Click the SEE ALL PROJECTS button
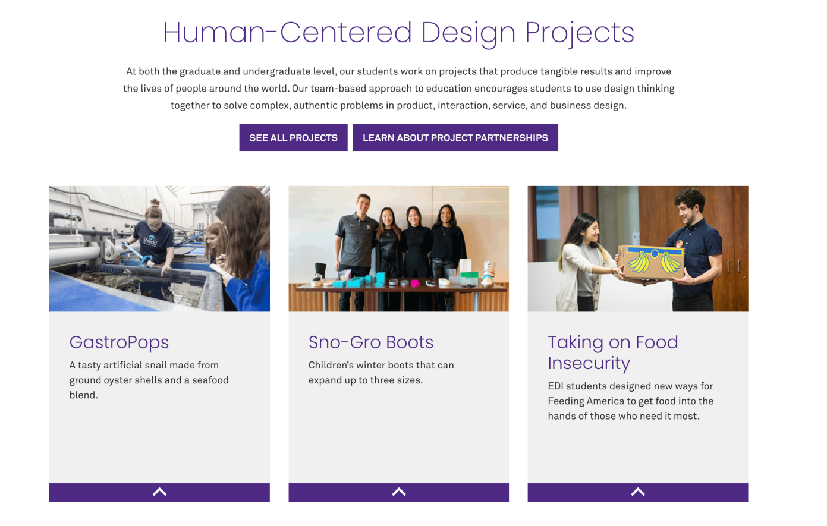pyautogui.click(x=293, y=137)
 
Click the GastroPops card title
pyautogui.click(x=119, y=342)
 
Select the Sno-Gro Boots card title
pyautogui.click(x=370, y=342)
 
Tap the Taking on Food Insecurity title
pyautogui.click(x=613, y=352)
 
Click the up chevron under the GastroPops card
pyautogui.click(x=159, y=492)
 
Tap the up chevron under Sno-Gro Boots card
pyautogui.click(x=399, y=492)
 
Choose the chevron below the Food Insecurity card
pyautogui.click(x=637, y=492)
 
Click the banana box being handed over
pyautogui.click(x=650, y=262)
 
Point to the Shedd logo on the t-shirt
pyautogui.click(x=150, y=241)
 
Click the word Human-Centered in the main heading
pyautogui.click(x=287, y=33)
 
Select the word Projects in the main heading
pyautogui.click(x=579, y=34)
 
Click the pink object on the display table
pyautogui.click(x=416, y=283)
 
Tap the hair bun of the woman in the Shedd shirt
pyautogui.click(x=155, y=202)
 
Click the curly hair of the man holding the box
pyautogui.click(x=690, y=197)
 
